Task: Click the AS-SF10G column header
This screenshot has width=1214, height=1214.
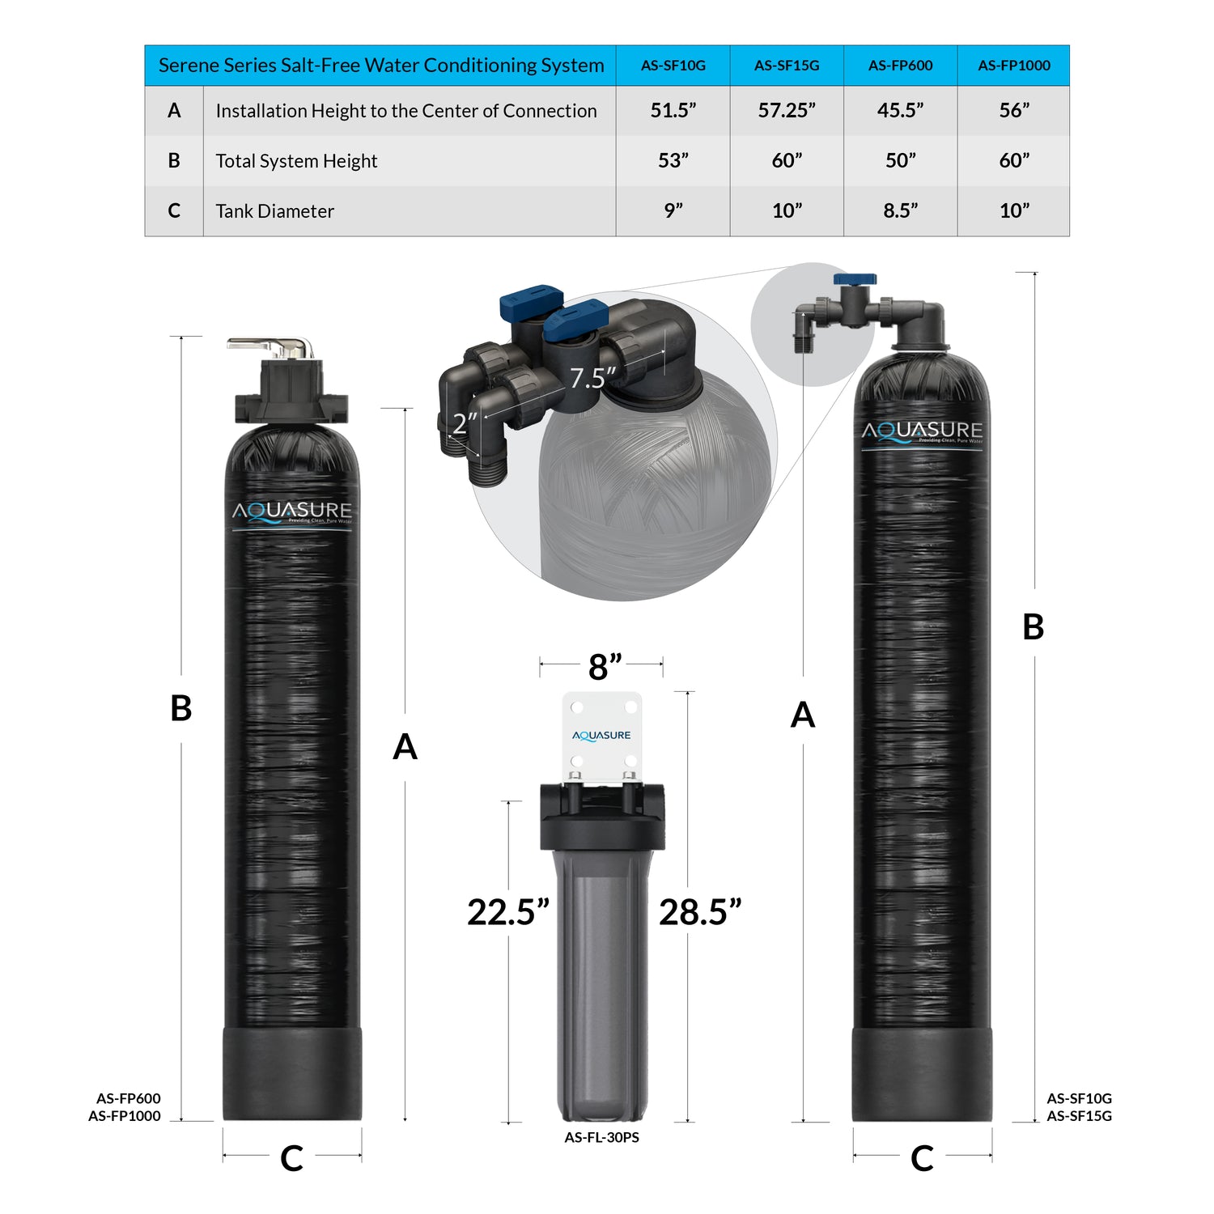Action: pos(673,66)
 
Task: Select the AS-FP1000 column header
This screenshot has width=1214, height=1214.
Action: pos(1013,66)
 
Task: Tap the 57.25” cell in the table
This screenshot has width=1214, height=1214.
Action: pos(787,110)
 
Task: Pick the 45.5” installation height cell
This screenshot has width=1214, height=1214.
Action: pos(900,110)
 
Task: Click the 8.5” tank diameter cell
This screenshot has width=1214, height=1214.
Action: pos(900,210)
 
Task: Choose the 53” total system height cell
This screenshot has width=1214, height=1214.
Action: pos(673,160)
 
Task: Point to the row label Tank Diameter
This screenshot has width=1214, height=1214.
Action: pos(274,211)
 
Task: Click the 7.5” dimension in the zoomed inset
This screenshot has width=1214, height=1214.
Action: pos(592,378)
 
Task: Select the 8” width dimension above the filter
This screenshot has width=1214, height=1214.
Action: pos(605,667)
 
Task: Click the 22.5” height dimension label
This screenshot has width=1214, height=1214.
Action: pos(508,912)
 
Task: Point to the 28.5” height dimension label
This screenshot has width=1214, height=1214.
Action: pos(700,912)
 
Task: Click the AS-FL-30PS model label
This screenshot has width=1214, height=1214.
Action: pos(601,1137)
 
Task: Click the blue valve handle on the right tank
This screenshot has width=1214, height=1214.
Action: pos(855,279)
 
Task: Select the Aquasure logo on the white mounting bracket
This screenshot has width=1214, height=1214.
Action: pos(601,735)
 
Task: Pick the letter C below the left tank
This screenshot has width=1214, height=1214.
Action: pos(291,1158)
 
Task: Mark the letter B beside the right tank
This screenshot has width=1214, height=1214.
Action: pos(1033,626)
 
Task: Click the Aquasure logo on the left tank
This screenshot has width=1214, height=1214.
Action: pos(292,511)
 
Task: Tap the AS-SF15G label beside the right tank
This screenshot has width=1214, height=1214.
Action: pos(1079,1116)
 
